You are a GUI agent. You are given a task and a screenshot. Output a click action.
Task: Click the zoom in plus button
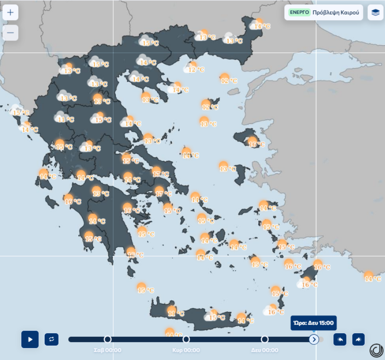[10, 12]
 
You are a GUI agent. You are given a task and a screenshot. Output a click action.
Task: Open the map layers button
[375, 12]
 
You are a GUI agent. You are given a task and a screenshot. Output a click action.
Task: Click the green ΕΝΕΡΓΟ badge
[299, 12]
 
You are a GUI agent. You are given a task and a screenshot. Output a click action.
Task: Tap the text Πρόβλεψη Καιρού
[336, 13]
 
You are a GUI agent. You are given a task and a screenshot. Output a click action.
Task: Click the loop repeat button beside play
[52, 339]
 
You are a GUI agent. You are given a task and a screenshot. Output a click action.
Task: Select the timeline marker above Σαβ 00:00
[108, 339]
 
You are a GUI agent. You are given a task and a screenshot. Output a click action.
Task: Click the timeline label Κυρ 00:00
[186, 350]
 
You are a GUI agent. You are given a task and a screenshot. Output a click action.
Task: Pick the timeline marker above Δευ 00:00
[264, 339]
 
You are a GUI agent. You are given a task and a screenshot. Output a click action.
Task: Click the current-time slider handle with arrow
[314, 339]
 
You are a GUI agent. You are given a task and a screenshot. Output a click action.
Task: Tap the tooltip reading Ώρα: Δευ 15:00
[314, 323]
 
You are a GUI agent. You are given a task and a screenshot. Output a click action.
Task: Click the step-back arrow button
[340, 339]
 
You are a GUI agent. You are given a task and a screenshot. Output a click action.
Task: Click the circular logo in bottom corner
[376, 350]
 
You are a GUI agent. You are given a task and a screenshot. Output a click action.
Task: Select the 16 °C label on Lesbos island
[257, 144]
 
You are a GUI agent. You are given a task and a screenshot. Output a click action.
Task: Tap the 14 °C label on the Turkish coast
[373, 278]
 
